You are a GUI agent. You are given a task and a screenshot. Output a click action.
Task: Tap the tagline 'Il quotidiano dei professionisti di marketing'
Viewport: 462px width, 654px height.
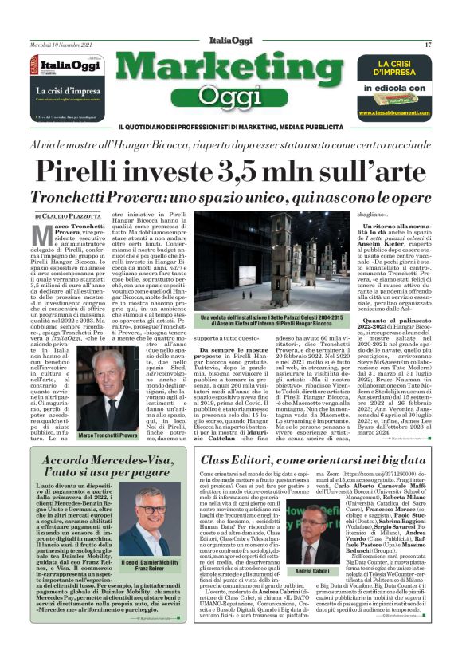[x=231, y=127]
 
